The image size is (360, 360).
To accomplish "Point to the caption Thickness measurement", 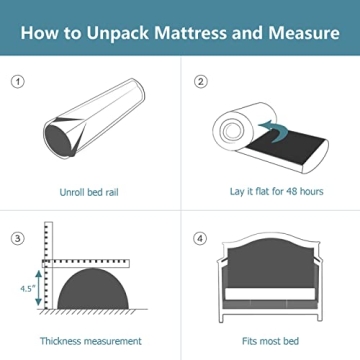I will pos(91,341).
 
